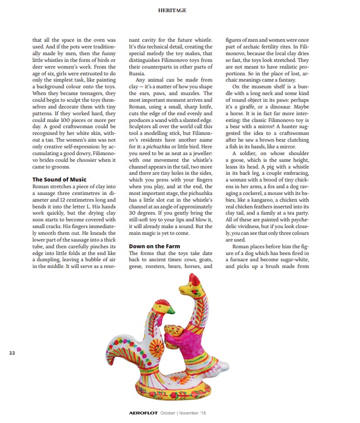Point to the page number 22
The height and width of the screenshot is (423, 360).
[12, 353]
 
